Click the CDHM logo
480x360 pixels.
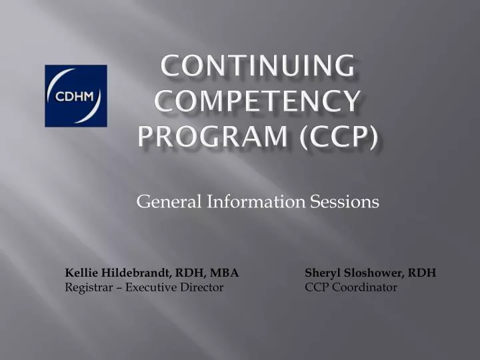point(75,96)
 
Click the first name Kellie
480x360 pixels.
point(79,273)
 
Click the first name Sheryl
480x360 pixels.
point(321,273)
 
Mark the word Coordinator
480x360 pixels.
point(366,287)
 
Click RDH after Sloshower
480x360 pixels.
point(423,273)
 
